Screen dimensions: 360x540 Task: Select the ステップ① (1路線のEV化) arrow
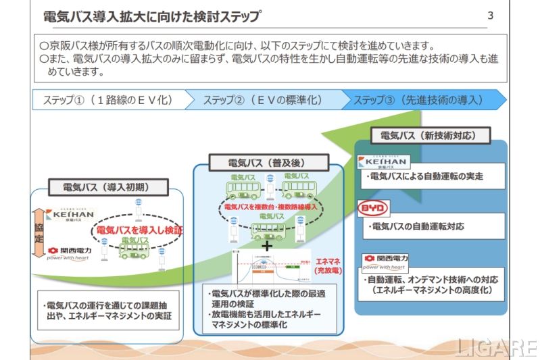(x=108, y=100)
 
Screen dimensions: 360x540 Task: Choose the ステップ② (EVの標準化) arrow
(x=264, y=100)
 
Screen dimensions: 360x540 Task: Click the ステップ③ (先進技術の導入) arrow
(x=419, y=100)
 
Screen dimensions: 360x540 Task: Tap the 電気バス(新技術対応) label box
(x=430, y=136)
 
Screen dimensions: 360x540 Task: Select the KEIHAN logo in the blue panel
(x=383, y=162)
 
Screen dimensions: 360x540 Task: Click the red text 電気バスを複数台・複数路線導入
(x=270, y=206)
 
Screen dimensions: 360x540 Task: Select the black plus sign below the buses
(x=267, y=247)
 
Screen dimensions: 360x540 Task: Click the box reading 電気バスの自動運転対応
(x=433, y=226)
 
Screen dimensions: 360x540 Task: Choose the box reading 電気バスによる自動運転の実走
(x=433, y=178)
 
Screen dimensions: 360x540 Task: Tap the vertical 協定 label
(x=38, y=228)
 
